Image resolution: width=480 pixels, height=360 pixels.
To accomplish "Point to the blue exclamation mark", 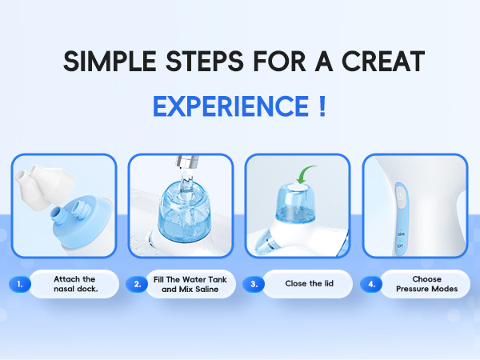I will point(321,106).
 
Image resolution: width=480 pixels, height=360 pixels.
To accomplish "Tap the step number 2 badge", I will point(138,284).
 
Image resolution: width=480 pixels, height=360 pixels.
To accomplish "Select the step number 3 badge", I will point(254,284).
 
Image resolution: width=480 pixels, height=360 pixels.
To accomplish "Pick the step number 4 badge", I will point(371,284).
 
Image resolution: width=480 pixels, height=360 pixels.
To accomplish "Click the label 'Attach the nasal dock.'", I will point(75,284).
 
